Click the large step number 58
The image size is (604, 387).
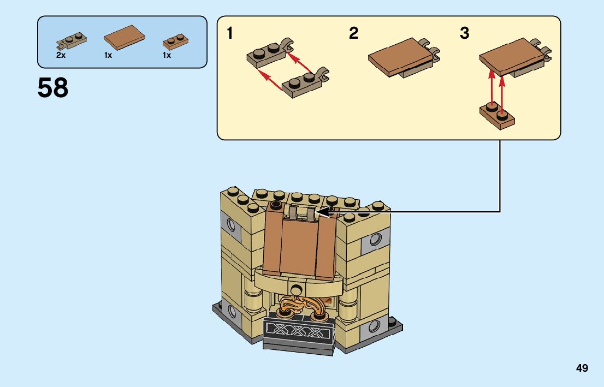[53, 88]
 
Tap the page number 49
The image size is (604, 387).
[582, 368]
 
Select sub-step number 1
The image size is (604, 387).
[230, 34]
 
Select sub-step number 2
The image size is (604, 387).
[354, 34]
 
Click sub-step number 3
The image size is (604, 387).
[464, 34]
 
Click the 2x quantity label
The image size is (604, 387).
[61, 55]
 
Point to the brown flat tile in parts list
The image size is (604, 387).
[125, 37]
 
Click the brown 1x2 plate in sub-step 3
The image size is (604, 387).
[498, 116]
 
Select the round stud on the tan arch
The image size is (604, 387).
[297, 289]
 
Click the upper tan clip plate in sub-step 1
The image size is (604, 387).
[269, 51]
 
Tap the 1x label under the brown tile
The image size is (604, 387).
[108, 55]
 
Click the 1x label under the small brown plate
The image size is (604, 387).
[167, 55]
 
